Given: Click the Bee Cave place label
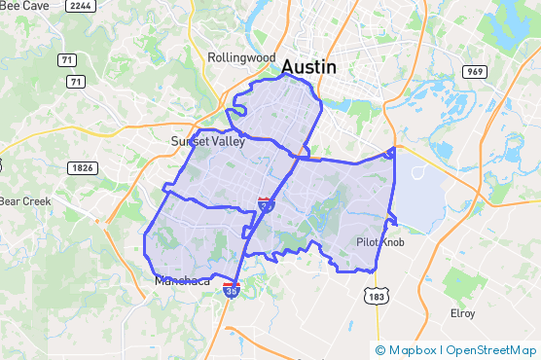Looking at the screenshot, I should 21,5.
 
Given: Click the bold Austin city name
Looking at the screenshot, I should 308,68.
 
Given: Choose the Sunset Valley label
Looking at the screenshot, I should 207,141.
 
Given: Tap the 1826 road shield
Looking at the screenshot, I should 83,168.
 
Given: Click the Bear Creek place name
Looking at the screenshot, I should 22,202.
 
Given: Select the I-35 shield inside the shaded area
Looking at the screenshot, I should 265,203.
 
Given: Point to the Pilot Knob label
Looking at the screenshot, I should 379,241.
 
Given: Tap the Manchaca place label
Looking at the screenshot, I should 181,281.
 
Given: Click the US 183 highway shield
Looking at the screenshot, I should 378,296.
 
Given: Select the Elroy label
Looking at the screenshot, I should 462,313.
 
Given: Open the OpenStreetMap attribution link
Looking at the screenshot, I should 490,350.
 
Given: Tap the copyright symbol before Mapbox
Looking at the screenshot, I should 380,350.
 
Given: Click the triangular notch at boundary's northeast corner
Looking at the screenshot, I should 392,152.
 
